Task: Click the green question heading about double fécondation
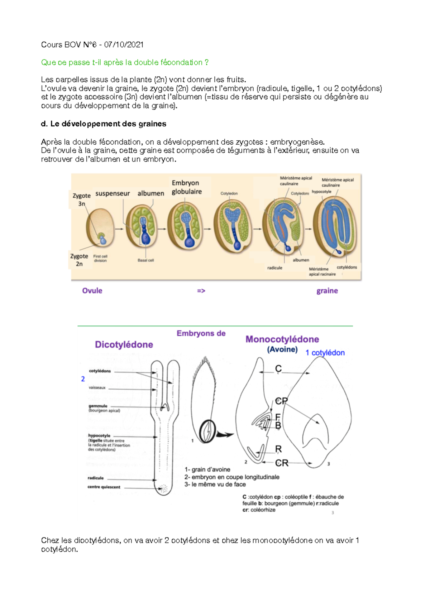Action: point(125,62)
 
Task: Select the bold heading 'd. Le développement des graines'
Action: point(104,124)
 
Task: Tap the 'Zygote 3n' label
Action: point(81,199)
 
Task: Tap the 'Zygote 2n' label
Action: point(79,260)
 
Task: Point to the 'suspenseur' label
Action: point(113,193)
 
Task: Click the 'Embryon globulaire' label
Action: point(186,187)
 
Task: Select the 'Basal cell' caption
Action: point(145,260)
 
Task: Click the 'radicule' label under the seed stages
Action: point(274,268)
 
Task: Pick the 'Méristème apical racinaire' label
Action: point(322,271)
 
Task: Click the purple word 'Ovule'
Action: point(92,291)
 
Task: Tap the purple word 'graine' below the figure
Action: point(327,291)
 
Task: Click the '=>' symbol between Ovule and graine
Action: point(201,291)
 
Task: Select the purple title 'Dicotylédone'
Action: point(124,344)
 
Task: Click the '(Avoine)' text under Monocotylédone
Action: point(282,349)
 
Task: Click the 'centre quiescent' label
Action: point(104,487)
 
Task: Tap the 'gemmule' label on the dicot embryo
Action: point(98,406)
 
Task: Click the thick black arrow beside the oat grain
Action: point(224,435)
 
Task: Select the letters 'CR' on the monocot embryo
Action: point(282,463)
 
